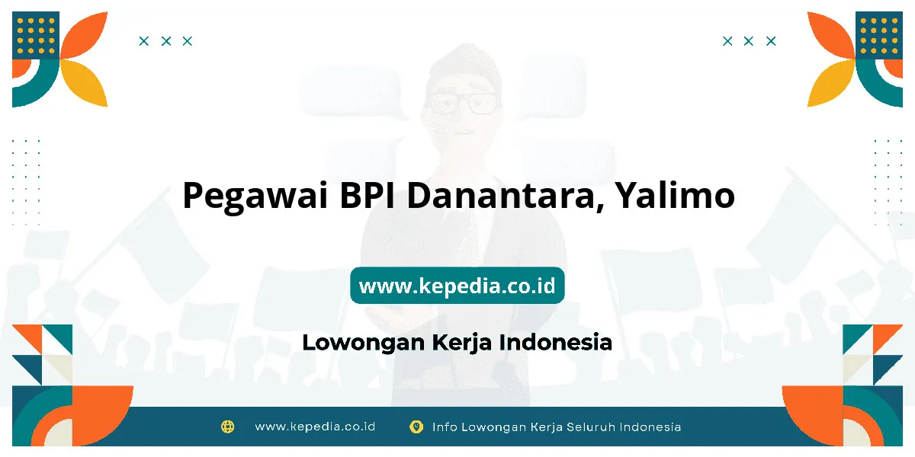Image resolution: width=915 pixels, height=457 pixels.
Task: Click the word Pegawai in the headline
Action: [255, 197]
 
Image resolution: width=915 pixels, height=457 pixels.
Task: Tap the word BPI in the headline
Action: [368, 195]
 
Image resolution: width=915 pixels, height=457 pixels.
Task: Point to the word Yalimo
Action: [675, 195]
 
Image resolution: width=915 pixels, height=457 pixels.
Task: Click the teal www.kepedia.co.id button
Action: [457, 285]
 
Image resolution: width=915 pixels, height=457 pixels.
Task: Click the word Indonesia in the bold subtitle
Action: [556, 342]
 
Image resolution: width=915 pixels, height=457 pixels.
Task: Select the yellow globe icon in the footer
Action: [227, 427]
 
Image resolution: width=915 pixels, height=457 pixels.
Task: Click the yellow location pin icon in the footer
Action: [416, 427]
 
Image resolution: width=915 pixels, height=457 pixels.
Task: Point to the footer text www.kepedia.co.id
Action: [315, 427]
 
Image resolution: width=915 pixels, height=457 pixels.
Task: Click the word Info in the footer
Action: [445, 427]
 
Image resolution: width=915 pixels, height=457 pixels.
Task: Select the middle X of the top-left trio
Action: [166, 41]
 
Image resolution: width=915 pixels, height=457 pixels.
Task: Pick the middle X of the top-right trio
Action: [748, 41]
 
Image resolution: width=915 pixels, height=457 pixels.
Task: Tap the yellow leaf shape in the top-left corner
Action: [85, 82]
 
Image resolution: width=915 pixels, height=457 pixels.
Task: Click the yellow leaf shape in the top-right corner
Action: [830, 82]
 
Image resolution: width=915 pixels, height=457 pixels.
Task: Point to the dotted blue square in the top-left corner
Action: [36, 35]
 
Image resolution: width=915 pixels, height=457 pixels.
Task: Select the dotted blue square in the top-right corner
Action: [879, 35]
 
